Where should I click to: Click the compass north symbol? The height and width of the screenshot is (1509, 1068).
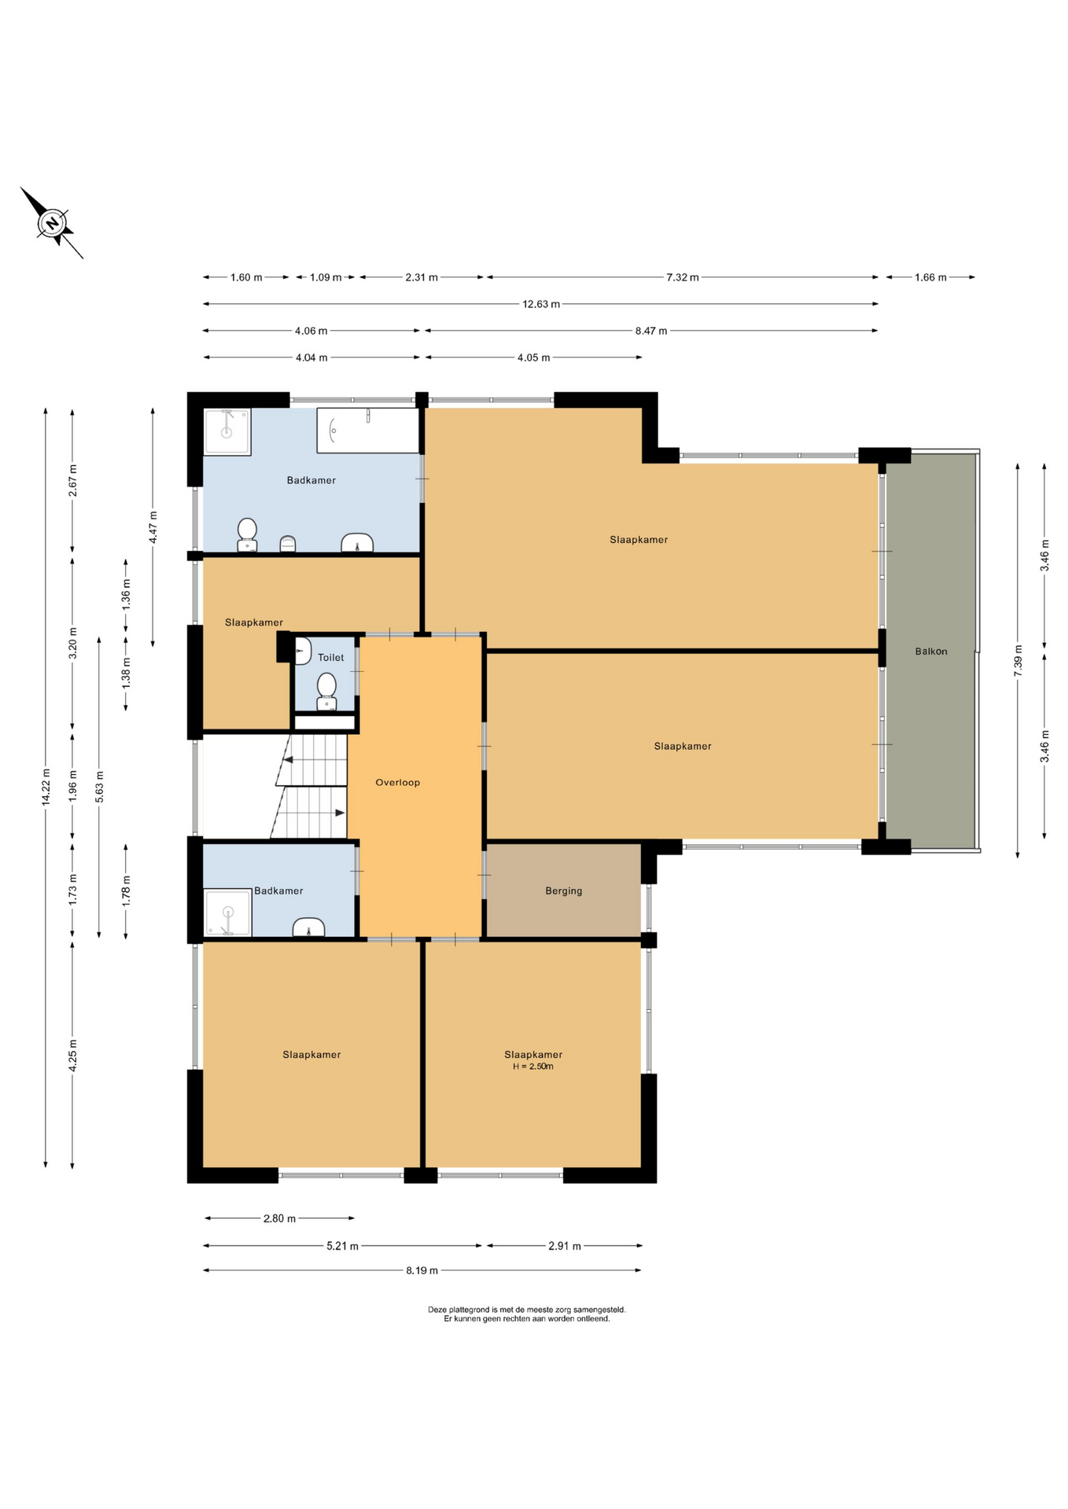[53, 223]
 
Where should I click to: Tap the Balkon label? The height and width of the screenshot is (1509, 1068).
[931, 652]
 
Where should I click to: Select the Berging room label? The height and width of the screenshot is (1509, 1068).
[564, 891]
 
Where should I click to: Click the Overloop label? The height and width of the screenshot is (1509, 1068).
[398, 783]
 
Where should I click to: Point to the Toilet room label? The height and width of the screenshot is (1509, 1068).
[331, 658]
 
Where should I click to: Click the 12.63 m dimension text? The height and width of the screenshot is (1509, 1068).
[541, 304]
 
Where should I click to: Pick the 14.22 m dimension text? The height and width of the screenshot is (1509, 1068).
[46, 787]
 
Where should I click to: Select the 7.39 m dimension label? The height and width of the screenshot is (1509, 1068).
[1018, 661]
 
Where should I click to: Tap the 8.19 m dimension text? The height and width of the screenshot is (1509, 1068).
[422, 1270]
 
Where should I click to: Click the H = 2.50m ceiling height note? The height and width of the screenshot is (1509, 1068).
[533, 1067]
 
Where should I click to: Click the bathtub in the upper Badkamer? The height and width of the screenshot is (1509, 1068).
[367, 431]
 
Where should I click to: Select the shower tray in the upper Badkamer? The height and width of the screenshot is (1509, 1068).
[227, 431]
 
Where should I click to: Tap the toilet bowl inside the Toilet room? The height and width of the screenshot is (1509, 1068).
[327, 691]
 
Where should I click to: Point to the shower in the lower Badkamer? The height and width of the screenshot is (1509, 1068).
[227, 912]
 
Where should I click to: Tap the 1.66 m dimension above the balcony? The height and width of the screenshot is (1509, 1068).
[930, 277]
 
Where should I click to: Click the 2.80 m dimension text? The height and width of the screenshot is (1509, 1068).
[279, 1219]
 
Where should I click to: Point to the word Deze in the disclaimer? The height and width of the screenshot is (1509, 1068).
[436, 1310]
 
